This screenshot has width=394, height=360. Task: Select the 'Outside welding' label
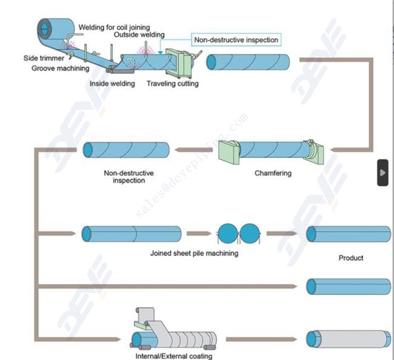point(139,35)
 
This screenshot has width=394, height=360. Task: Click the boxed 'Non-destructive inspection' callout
point(236,40)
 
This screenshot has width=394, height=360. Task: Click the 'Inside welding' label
point(112,84)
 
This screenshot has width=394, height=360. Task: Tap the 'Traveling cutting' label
point(172,84)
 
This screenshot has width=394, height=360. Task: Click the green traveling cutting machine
point(178,61)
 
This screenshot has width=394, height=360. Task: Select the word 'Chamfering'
point(273,173)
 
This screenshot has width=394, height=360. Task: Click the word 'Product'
point(351,258)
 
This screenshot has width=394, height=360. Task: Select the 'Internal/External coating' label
point(174,356)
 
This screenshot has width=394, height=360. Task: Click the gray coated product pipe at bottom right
point(349,338)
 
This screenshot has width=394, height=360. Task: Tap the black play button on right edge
point(382,173)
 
